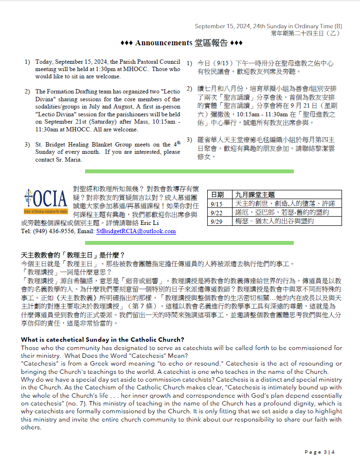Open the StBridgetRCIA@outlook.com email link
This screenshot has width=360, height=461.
coord(136,231)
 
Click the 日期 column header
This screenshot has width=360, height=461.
coord(217,195)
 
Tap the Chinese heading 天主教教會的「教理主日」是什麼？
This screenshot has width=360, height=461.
coord(73,255)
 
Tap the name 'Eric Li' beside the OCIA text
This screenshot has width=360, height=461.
coord(164,222)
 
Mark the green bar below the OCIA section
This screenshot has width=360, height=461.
coord(189,242)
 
